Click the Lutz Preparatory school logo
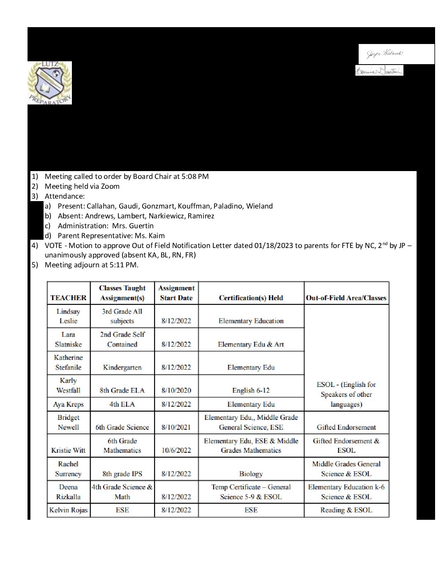(x=50, y=83)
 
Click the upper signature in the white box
(x=385, y=53)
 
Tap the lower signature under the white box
(x=379, y=71)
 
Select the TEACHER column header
(x=68, y=298)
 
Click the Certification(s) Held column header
(x=251, y=298)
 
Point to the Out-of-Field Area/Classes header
(x=346, y=298)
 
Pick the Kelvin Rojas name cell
(x=68, y=510)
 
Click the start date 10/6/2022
(x=176, y=450)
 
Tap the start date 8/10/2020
(x=176, y=390)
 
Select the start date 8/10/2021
(x=176, y=427)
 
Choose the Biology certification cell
(x=251, y=474)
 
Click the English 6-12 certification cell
(x=251, y=390)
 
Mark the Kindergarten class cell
(x=122, y=367)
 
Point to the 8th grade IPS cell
(x=122, y=474)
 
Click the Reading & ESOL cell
(x=346, y=510)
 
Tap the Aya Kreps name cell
(x=68, y=404)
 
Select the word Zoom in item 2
(x=111, y=186)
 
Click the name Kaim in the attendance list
(x=156, y=236)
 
